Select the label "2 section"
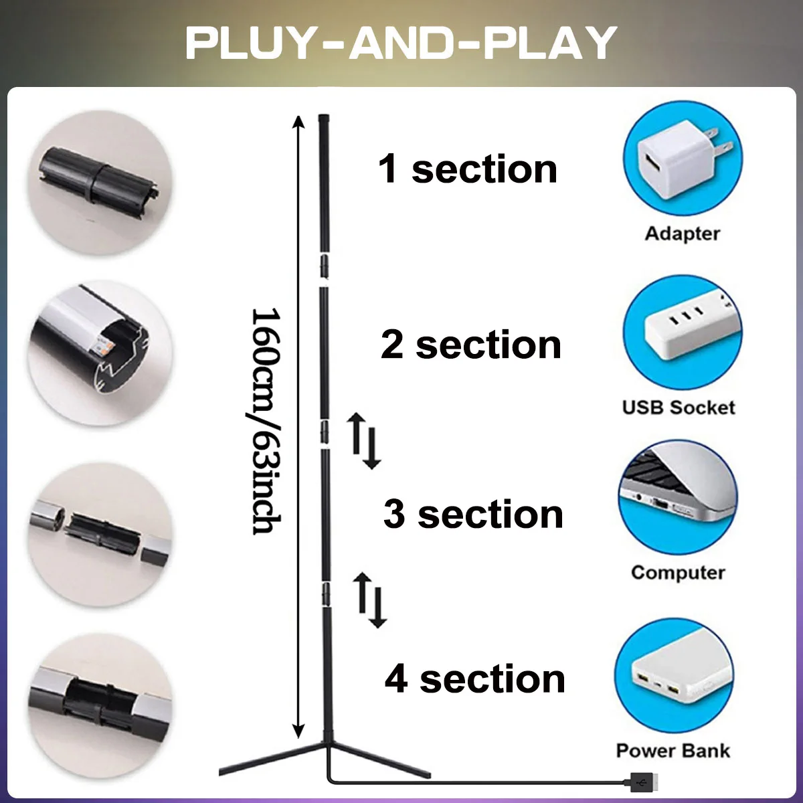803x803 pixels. pyautogui.click(x=470, y=345)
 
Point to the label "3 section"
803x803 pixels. pyautogui.click(x=473, y=514)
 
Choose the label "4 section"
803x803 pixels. pyautogui.click(x=475, y=679)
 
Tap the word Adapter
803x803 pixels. pyautogui.click(x=682, y=234)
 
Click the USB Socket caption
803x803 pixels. pyautogui.click(x=679, y=407)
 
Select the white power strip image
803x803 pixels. pyautogui.click(x=683, y=333)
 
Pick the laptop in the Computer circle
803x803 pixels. pyautogui.click(x=677, y=496)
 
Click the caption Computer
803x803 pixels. pyautogui.click(x=678, y=573)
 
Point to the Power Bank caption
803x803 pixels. pyautogui.click(x=673, y=750)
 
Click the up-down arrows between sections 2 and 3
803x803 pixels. pyautogui.click(x=364, y=441)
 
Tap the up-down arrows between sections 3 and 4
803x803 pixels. pyautogui.click(x=370, y=600)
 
